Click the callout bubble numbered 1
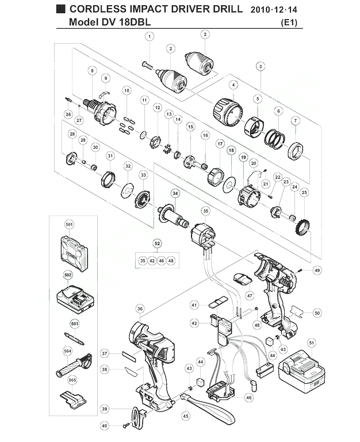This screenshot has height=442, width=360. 150,36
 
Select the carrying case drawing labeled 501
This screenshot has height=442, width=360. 74,254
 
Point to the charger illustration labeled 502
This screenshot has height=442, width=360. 75,299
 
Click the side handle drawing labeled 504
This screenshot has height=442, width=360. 74,365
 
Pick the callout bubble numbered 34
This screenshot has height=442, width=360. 175,193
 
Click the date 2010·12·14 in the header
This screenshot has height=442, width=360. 274,10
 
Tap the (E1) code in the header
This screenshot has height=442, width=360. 289,22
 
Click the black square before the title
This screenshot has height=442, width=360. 60,9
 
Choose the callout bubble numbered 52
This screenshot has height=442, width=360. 157,243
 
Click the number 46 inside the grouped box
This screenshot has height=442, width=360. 162,261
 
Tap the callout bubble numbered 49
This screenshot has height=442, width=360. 317,270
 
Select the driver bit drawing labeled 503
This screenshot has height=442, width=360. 74,339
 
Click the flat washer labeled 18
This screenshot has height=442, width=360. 229,185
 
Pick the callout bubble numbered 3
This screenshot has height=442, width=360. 261,67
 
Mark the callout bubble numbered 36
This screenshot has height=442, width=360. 140,309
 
